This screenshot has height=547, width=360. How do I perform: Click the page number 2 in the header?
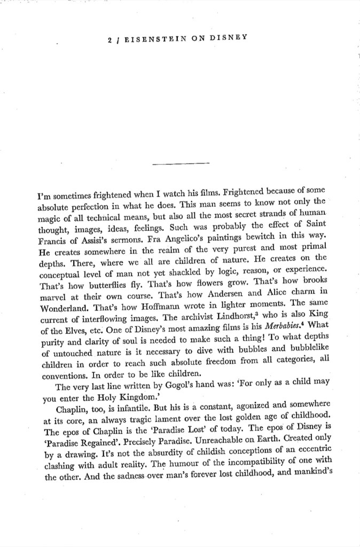[108, 38]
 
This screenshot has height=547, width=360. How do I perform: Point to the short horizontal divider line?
[180, 163]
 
